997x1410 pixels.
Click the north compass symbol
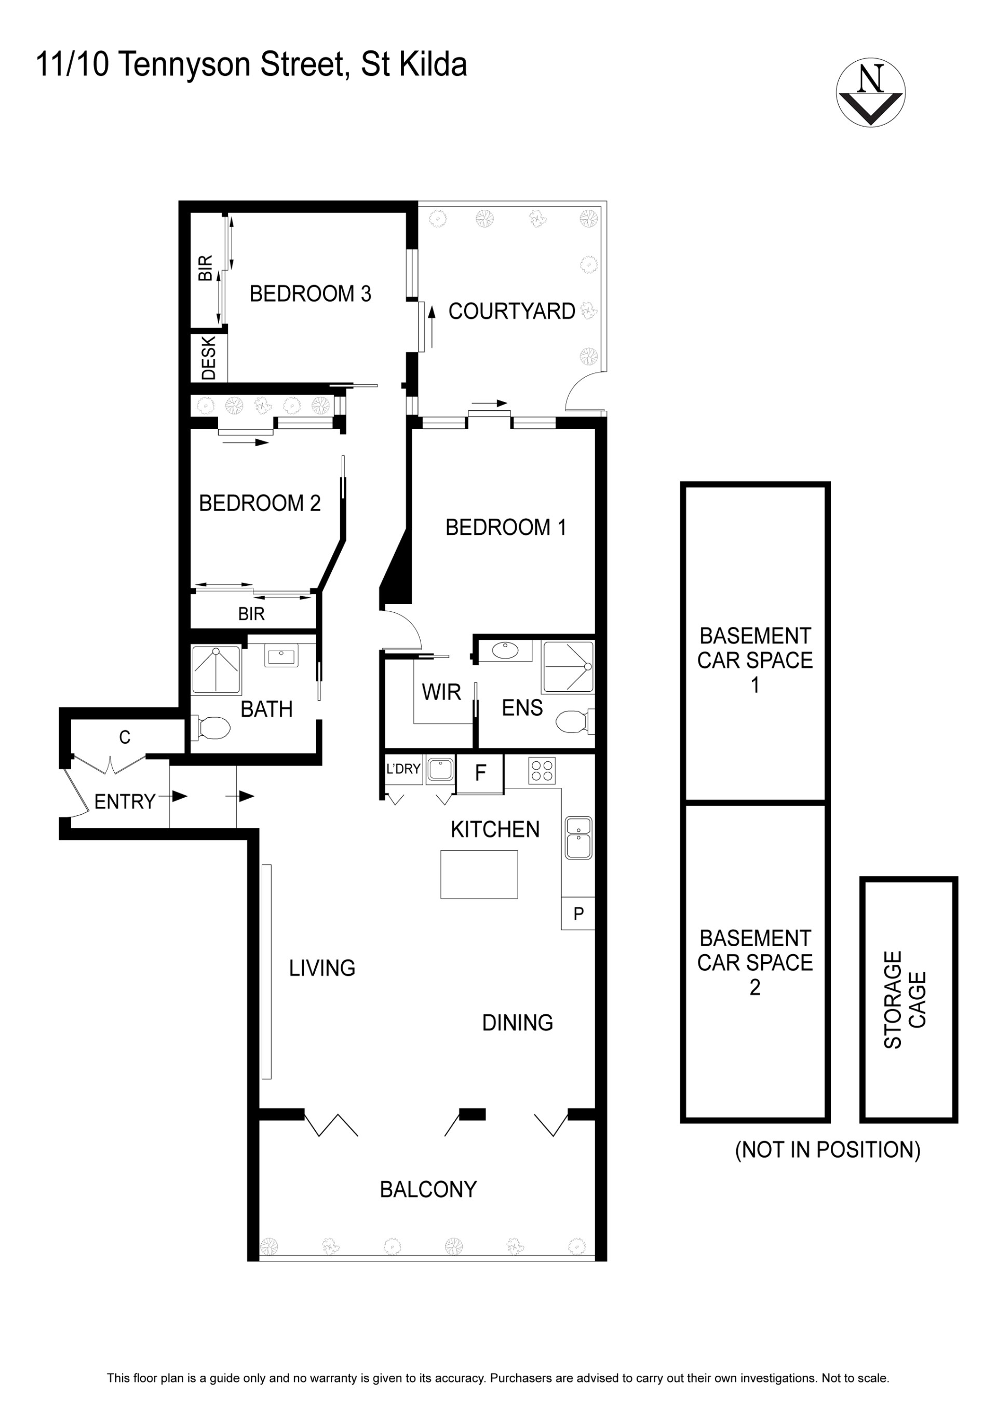tap(870, 93)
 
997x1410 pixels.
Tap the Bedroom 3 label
tap(310, 293)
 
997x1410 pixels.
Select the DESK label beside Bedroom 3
tap(209, 358)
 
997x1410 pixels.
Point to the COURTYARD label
tap(511, 312)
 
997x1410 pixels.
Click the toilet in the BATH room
tap(211, 728)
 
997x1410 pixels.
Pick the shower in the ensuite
tap(568, 667)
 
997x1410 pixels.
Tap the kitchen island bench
tap(479, 875)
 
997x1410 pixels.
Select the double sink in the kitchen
tap(578, 838)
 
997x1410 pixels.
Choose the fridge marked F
tap(480, 774)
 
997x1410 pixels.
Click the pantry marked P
tap(578, 914)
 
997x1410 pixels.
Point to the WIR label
tap(441, 692)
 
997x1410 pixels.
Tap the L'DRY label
tap(403, 769)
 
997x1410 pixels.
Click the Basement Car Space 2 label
tap(755, 962)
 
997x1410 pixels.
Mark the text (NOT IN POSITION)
tap(828, 1150)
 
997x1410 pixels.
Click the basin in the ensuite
tap(505, 651)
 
